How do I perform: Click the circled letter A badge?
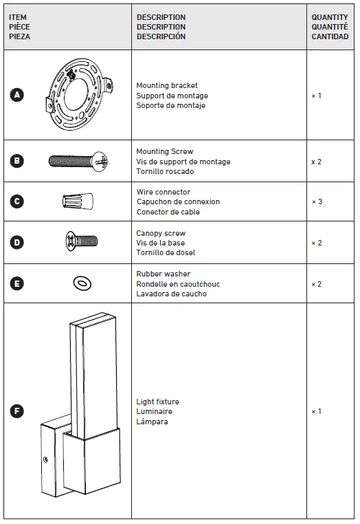17,96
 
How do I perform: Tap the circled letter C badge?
17,201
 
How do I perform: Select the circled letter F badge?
17,411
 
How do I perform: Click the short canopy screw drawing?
81,241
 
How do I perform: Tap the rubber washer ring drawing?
82,283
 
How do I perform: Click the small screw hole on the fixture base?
46,459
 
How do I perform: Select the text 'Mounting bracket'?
167,86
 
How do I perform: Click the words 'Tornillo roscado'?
165,172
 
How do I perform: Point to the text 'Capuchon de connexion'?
178,202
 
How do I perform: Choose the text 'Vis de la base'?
159,243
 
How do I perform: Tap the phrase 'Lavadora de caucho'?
171,294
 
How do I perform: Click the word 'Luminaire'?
154,411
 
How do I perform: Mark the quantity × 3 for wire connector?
317,201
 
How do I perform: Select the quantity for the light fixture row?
317,411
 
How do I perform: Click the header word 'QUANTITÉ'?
330,27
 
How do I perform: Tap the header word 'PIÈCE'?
19,27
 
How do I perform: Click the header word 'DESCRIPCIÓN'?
161,36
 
